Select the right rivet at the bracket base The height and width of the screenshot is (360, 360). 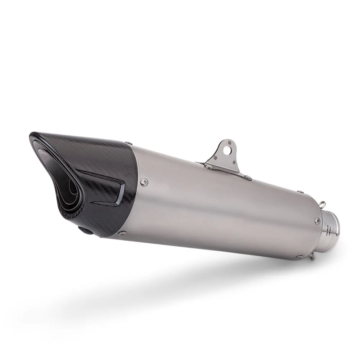247,177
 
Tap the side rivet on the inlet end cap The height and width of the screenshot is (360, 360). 317,221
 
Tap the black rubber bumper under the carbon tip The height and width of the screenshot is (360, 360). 86,230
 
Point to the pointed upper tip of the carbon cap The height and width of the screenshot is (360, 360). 32,136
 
